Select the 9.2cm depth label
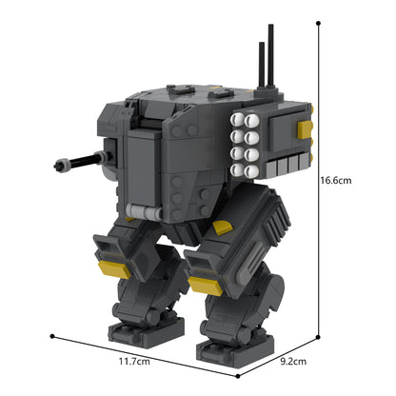[293, 362]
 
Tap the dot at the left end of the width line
[54, 336]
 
